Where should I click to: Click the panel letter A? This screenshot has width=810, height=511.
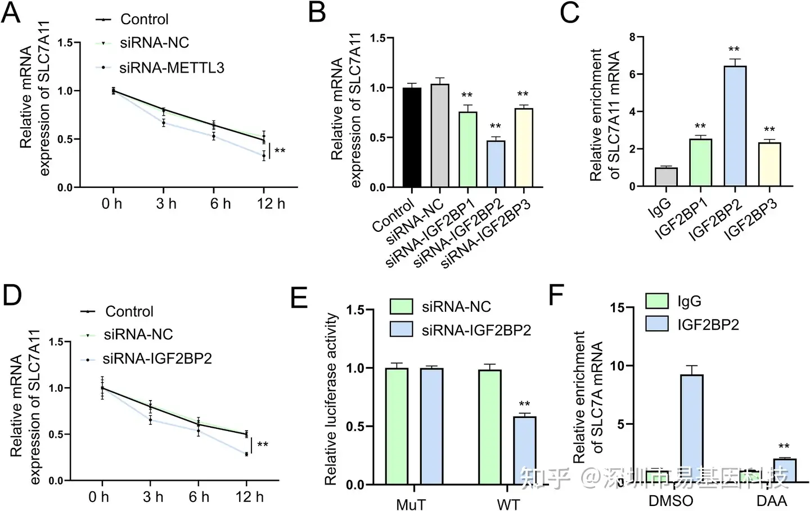(11, 13)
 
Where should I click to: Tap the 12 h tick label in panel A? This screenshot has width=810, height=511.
(271, 204)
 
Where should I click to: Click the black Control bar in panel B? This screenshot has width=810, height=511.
(412, 137)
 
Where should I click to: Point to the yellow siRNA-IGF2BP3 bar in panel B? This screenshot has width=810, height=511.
(523, 147)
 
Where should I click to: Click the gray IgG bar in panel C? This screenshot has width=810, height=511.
(665, 177)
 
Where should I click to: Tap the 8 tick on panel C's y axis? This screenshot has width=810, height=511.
(632, 37)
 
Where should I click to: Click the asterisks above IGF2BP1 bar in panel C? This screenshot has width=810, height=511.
(700, 126)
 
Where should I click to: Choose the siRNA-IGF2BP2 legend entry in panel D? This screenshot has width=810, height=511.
(157, 358)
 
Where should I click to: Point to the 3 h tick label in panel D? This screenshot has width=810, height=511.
(152, 497)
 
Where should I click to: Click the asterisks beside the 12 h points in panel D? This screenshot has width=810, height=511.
(262, 445)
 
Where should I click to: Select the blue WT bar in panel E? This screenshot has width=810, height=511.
(524, 450)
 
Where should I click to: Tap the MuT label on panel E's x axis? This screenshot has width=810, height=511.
(411, 504)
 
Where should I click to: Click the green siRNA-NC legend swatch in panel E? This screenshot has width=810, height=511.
(401, 307)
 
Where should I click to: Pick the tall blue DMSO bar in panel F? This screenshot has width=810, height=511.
(691, 428)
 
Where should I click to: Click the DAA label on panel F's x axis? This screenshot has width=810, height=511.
(771, 500)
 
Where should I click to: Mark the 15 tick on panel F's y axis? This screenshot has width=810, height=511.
(617, 307)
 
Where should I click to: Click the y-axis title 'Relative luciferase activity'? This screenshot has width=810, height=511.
(331, 399)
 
